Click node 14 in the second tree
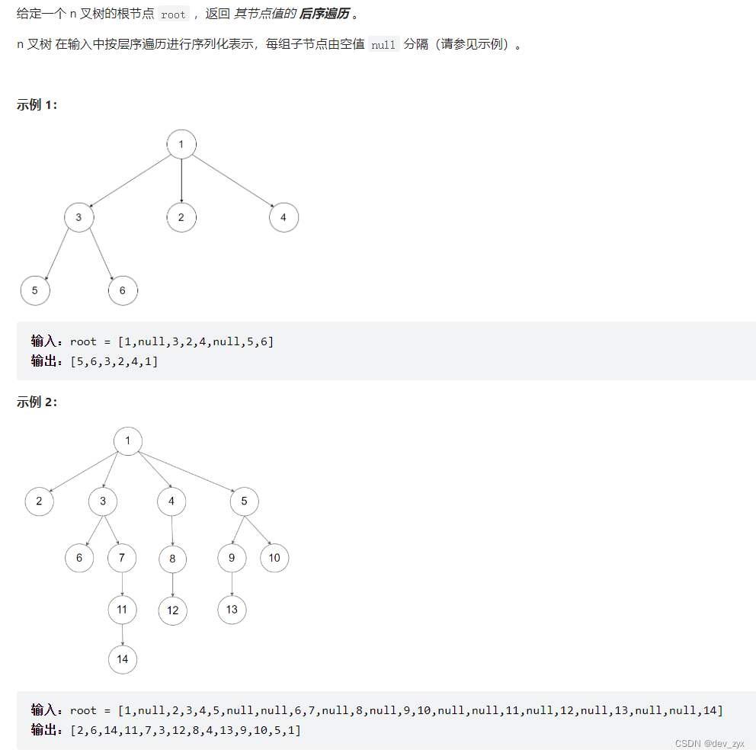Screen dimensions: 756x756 tap(123, 659)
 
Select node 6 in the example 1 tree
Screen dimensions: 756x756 tap(123, 290)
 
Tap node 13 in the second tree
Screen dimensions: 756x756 tap(232, 609)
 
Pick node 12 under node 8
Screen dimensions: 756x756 tap(173, 610)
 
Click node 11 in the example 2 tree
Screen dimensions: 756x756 tap(123, 609)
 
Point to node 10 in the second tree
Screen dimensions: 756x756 tap(274, 558)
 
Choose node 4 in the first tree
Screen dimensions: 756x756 tap(283, 218)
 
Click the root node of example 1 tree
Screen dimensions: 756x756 tap(181, 144)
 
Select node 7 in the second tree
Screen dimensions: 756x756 tap(122, 558)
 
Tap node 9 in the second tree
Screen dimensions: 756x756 tap(232, 558)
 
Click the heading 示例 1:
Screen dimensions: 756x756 tap(37, 105)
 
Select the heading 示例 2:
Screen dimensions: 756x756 tap(37, 402)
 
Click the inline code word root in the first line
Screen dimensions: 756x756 tap(173, 14)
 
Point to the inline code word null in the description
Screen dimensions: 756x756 tap(383, 44)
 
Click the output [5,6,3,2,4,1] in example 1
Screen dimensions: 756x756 tap(114, 360)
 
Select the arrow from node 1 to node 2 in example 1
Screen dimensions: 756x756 tap(181, 181)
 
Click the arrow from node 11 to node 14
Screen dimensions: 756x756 tap(123, 634)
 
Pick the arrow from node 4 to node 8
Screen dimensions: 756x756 tap(172, 530)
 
